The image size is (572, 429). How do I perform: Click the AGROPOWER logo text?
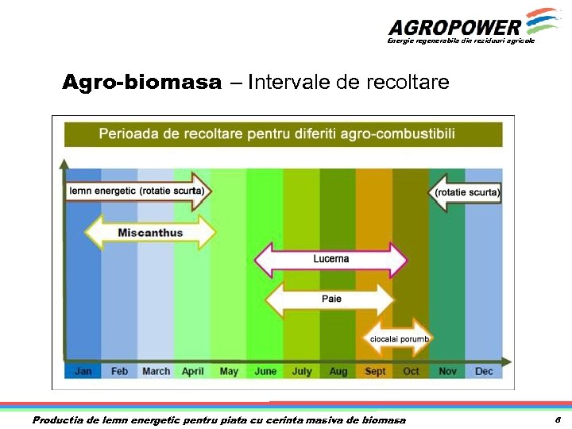tap(454, 27)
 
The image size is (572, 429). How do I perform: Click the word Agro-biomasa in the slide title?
tap(142, 83)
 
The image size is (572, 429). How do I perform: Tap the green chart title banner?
tap(283, 134)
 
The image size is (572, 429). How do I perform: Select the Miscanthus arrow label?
tap(150, 233)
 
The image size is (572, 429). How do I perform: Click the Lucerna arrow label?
tap(330, 259)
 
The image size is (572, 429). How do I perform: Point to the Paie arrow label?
tap(330, 299)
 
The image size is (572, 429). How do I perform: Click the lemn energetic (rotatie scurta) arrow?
tap(137, 191)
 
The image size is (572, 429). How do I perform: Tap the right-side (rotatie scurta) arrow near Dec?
tap(466, 191)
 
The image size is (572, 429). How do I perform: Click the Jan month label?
tap(83, 371)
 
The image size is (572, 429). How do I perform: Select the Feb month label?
tap(119, 371)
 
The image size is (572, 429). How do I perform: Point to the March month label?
tap(156, 371)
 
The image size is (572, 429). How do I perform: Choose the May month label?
tap(229, 371)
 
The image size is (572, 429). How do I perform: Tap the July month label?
tap(302, 371)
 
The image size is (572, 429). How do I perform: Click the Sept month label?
tap(374, 371)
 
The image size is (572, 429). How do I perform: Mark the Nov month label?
tap(447, 371)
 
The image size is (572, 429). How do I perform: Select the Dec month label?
tap(484, 371)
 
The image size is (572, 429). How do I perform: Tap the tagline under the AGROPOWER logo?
tap(461, 41)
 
